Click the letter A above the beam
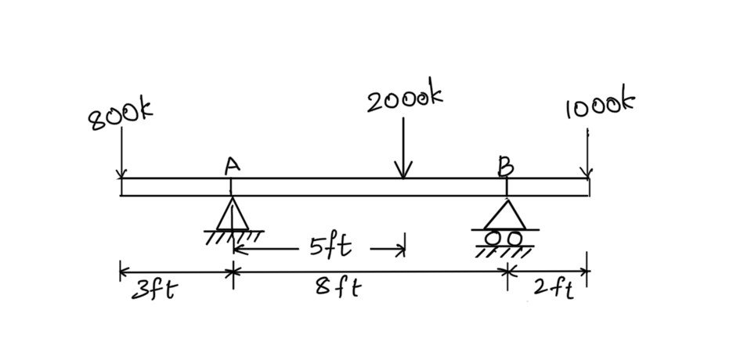point(230,165)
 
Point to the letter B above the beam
point(507,165)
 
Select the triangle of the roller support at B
point(506,214)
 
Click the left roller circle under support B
point(495,236)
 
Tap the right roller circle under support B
point(515,236)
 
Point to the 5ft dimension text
point(329,249)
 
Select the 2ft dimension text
point(553,289)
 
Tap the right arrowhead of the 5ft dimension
point(400,250)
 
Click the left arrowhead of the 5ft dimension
point(238,250)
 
